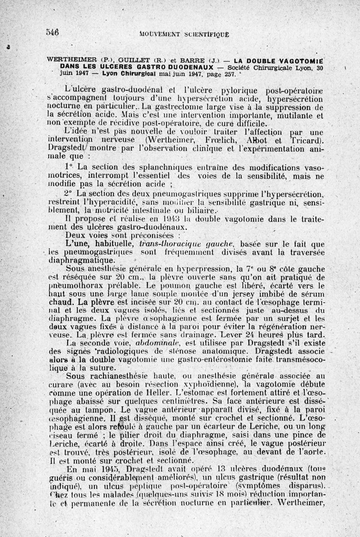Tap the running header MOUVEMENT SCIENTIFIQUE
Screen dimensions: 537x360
click(185, 33)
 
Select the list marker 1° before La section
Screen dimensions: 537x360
click(68, 166)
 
